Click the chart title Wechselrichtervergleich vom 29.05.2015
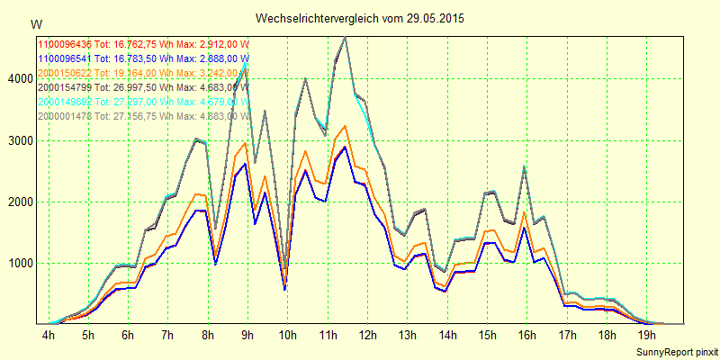pos(360,18)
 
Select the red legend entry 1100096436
pos(144,44)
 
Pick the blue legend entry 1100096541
pos(144,58)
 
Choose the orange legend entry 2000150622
pos(144,73)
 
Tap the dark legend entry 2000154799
pos(144,87)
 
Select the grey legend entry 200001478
pos(144,116)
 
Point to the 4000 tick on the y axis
pos(18,79)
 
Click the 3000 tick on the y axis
pos(18,141)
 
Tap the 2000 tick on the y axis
pos(18,202)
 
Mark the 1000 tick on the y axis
pos(18,264)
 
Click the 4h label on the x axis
pos(49,335)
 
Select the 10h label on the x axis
pos(287,335)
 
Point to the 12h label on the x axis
pos(367,335)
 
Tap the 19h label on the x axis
pos(645,335)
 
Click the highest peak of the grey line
pos(346,37)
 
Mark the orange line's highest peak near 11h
pos(346,126)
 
